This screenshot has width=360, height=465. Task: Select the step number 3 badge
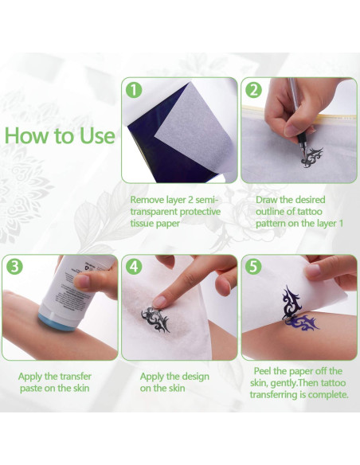click(x=14, y=267)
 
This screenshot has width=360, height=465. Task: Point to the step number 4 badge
click(x=133, y=267)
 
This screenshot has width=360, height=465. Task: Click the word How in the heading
click(x=28, y=135)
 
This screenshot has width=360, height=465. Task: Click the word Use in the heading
click(x=96, y=135)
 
